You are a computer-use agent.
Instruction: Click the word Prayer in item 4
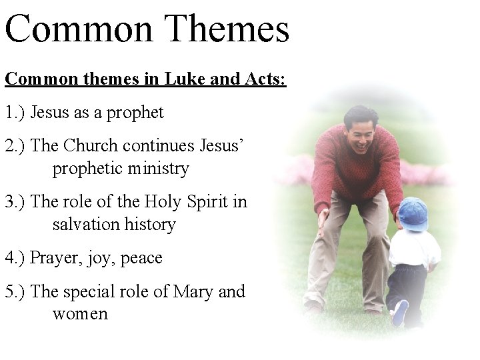55,257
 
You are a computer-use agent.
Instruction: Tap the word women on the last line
80,313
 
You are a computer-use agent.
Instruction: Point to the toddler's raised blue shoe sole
400,313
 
